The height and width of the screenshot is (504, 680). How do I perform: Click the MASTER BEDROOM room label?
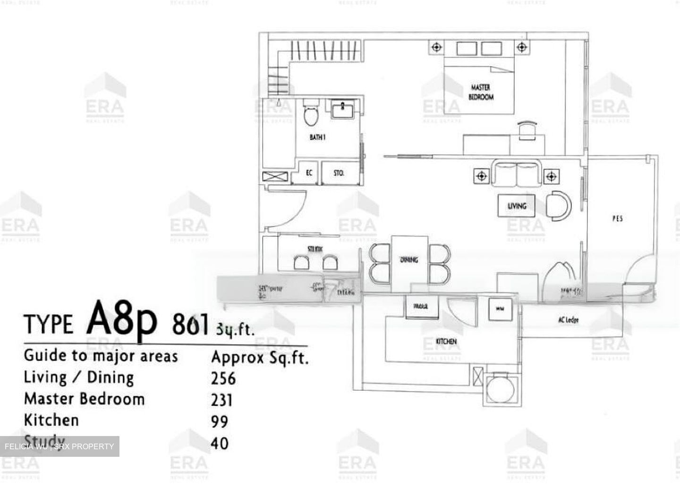(481, 92)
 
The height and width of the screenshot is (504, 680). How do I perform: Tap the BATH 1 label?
(317, 137)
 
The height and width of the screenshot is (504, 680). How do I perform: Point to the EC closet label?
(309, 173)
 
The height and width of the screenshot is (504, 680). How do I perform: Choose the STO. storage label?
(339, 173)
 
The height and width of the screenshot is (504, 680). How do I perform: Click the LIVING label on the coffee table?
(517, 206)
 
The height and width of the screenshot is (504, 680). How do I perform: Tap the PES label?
(617, 218)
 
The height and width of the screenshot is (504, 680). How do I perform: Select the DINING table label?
(409, 260)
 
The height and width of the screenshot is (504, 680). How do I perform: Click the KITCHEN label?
(446, 341)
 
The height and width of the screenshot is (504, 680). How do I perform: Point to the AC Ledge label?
(568, 320)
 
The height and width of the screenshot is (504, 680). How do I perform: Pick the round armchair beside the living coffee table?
(558, 205)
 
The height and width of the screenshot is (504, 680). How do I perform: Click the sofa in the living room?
(517, 173)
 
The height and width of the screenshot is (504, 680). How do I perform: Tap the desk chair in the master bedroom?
(527, 129)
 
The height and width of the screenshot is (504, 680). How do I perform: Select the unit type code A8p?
(121, 322)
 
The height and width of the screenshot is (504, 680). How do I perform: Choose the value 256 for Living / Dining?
(223, 378)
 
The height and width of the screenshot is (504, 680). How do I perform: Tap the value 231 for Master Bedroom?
(222, 400)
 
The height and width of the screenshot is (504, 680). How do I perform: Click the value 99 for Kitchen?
(220, 421)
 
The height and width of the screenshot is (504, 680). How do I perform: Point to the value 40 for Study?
(220, 443)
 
